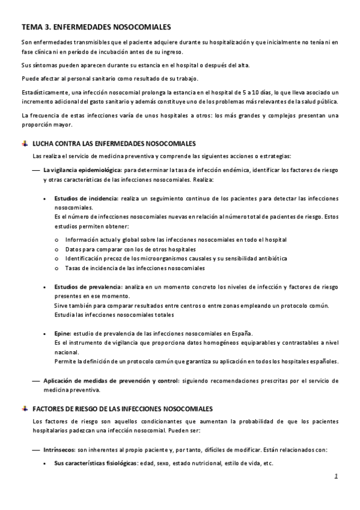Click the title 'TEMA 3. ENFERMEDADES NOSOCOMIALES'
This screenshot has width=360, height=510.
click(96, 27)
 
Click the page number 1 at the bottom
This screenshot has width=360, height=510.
click(337, 477)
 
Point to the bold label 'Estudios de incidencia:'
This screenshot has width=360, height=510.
click(87, 198)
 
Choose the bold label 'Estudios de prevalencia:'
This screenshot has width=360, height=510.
click(88, 287)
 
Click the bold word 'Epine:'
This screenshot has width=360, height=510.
click(63, 333)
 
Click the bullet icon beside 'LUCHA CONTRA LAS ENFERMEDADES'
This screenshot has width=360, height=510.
click(24, 144)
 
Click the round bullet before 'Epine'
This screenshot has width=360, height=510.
click(46, 333)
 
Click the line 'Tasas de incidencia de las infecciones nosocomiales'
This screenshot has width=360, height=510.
click(135, 268)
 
